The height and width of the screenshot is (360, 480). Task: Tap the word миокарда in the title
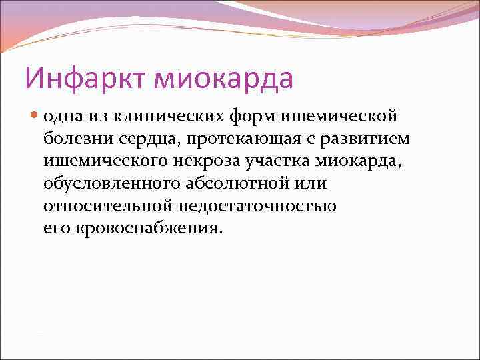coord(223,78)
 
